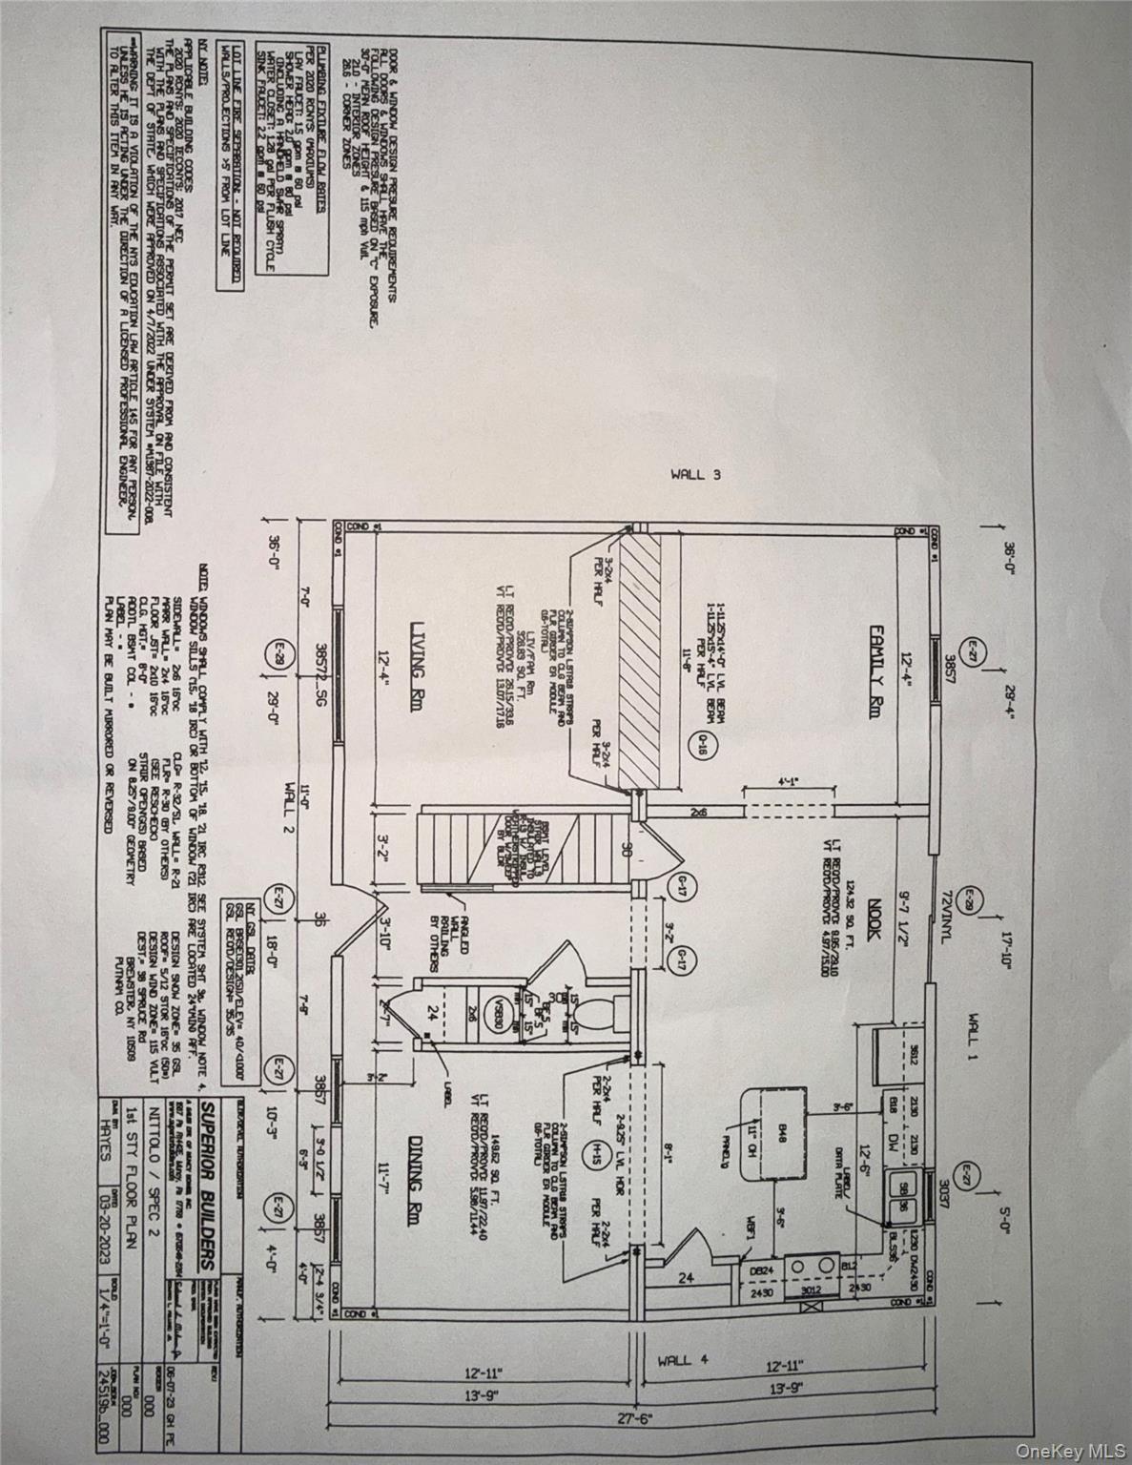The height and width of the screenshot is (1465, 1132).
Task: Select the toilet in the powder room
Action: point(588,1015)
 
